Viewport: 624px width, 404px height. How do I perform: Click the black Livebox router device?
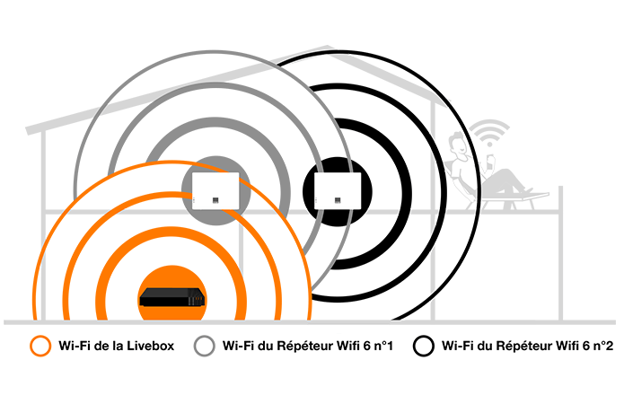(172, 297)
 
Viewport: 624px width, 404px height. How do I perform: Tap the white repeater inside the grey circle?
(215, 191)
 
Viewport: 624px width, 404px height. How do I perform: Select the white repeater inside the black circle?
(338, 191)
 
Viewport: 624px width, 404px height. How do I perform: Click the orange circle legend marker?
(40, 346)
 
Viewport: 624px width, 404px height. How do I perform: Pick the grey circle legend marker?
(204, 346)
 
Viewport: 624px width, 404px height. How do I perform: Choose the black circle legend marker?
(424, 346)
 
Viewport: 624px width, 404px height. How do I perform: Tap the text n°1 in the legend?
(383, 346)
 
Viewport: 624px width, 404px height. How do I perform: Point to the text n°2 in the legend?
(603, 346)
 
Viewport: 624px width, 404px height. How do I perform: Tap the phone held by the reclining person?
(491, 158)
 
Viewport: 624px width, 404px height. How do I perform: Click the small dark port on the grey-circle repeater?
(215, 200)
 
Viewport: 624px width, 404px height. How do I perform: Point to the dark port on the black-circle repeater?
(338, 200)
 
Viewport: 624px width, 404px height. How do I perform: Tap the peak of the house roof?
(330, 48)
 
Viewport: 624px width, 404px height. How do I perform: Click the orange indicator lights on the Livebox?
(197, 299)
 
